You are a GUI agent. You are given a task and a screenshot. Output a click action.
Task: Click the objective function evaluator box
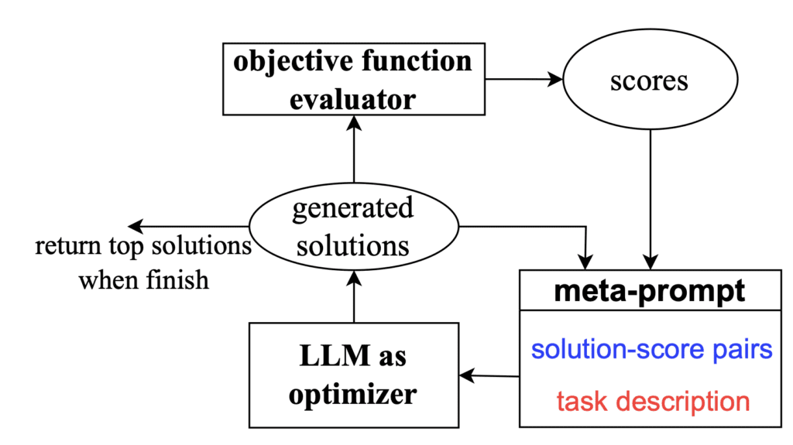click(x=353, y=80)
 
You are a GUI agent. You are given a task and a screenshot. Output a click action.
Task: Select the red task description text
click(x=653, y=401)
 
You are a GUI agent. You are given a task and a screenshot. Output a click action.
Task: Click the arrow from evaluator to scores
click(x=527, y=79)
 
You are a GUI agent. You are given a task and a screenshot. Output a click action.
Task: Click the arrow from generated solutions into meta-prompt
click(x=542, y=227)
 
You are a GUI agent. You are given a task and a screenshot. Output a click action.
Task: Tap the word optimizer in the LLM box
click(x=353, y=394)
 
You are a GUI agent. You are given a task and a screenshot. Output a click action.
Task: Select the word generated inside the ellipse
click(x=353, y=209)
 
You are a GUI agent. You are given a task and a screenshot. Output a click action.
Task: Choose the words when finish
click(x=144, y=279)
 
